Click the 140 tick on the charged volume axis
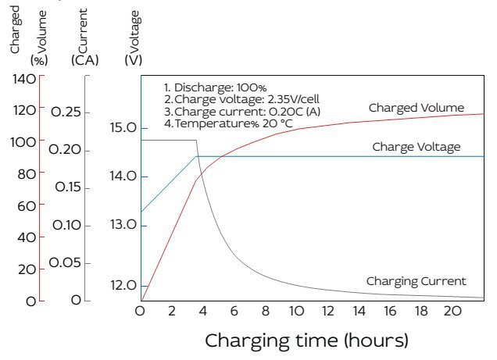point(24,79)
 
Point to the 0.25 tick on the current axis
point(66,112)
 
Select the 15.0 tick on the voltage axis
point(123,127)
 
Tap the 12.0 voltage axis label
point(123,285)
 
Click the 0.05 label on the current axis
point(65,262)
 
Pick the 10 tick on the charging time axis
point(297,312)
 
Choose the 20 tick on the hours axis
point(452,312)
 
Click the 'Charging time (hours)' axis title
point(306,340)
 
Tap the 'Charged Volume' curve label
point(417,108)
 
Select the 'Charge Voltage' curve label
point(417,147)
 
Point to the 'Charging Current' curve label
point(417,281)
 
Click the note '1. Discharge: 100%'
point(215,87)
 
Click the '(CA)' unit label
point(85,60)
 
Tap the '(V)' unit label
point(133,60)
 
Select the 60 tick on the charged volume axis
point(27,206)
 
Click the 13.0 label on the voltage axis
point(123,225)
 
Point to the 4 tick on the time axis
point(203,312)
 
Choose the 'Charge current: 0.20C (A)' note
point(242,112)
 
